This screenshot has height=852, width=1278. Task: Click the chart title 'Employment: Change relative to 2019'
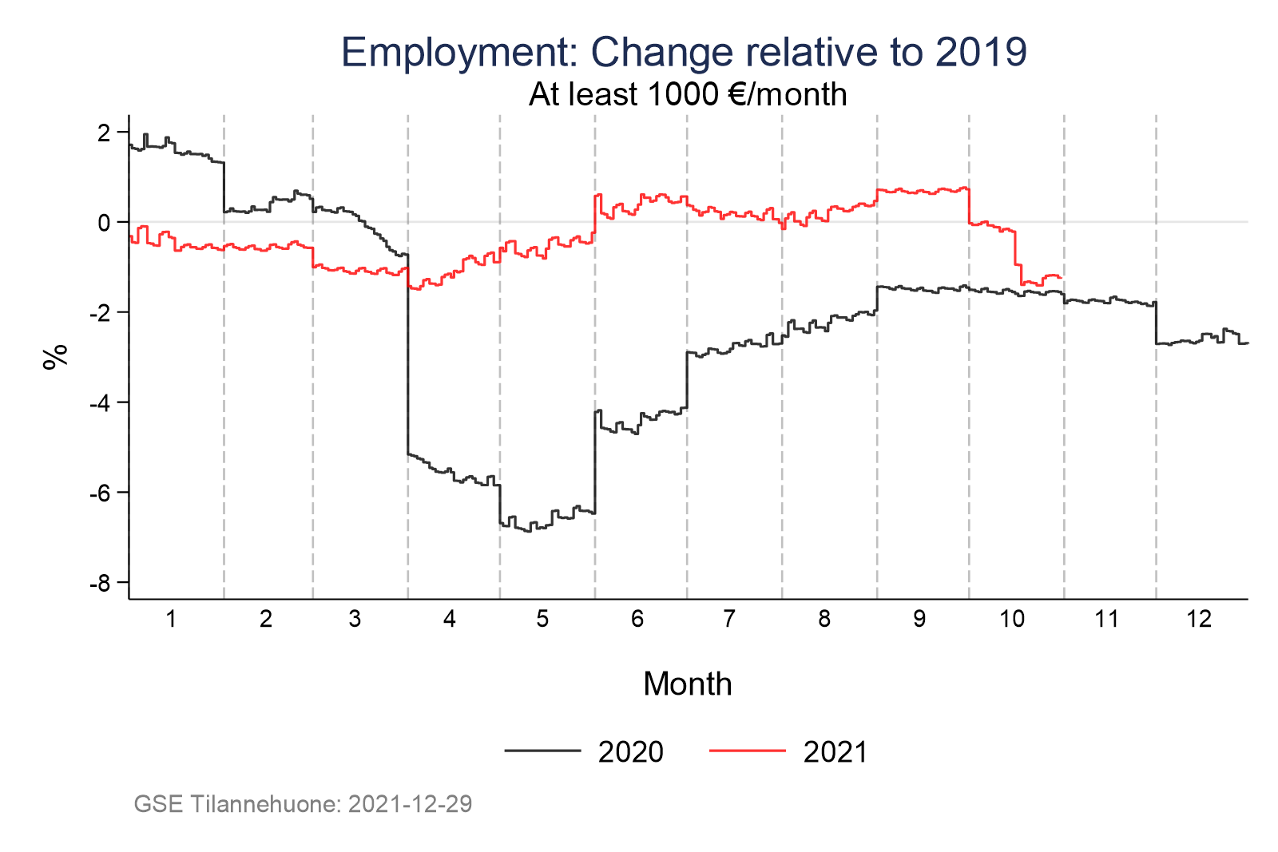click(x=684, y=53)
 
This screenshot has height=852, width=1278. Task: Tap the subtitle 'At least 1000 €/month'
click(x=687, y=95)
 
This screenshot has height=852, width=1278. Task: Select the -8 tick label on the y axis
click(x=100, y=584)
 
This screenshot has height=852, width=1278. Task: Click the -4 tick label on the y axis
click(x=100, y=403)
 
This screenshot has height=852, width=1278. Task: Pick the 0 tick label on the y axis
click(x=103, y=223)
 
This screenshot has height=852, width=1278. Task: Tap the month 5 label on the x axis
click(x=542, y=620)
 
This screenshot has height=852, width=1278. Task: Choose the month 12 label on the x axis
click(x=1199, y=620)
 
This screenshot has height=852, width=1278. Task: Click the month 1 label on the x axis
click(x=171, y=620)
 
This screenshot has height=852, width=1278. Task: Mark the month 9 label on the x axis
click(x=919, y=620)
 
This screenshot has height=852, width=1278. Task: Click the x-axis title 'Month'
click(x=687, y=684)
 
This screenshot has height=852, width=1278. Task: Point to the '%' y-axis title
click(x=54, y=357)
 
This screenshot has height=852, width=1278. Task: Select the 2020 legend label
click(x=630, y=752)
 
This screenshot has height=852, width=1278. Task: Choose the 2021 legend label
click(x=835, y=752)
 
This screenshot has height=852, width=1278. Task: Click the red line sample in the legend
click(x=748, y=751)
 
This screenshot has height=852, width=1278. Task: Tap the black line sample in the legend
click(x=542, y=751)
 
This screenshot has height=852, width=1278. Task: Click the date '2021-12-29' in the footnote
click(x=410, y=804)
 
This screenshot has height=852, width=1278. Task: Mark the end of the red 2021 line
click(x=1060, y=277)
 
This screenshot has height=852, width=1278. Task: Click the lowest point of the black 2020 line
click(x=528, y=531)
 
